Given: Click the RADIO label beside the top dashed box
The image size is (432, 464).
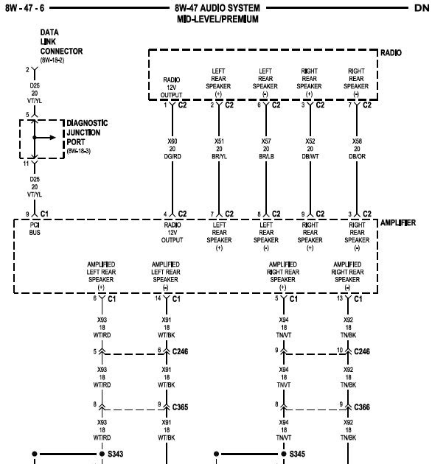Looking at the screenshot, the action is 391,53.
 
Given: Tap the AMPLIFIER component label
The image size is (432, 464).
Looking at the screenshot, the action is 397,222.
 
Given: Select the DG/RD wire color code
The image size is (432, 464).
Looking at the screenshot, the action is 173,156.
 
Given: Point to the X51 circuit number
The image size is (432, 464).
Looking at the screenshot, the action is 219,141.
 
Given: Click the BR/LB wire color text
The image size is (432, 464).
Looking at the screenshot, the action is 266,156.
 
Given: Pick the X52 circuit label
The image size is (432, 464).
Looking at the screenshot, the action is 310,141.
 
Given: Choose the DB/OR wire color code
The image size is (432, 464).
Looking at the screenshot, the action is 357,156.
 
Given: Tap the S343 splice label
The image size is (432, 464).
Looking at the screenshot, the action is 115,454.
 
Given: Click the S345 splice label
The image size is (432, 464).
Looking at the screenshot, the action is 297,454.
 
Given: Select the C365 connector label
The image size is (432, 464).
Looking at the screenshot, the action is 180,407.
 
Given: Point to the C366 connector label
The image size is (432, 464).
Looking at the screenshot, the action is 362,407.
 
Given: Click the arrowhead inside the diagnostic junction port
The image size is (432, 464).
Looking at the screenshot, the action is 53,137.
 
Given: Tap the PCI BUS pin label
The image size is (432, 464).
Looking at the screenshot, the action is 35,229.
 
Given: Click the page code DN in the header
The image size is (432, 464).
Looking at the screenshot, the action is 422,8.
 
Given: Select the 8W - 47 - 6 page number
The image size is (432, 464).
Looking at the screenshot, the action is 24,8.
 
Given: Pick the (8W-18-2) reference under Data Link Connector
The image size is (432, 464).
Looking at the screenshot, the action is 52,60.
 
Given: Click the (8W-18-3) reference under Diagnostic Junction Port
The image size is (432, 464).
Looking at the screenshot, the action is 79,151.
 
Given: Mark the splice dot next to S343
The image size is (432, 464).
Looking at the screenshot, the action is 102,454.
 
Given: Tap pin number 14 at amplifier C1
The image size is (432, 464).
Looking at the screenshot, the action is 158,298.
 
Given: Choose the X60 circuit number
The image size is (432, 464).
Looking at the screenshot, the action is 173,141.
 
